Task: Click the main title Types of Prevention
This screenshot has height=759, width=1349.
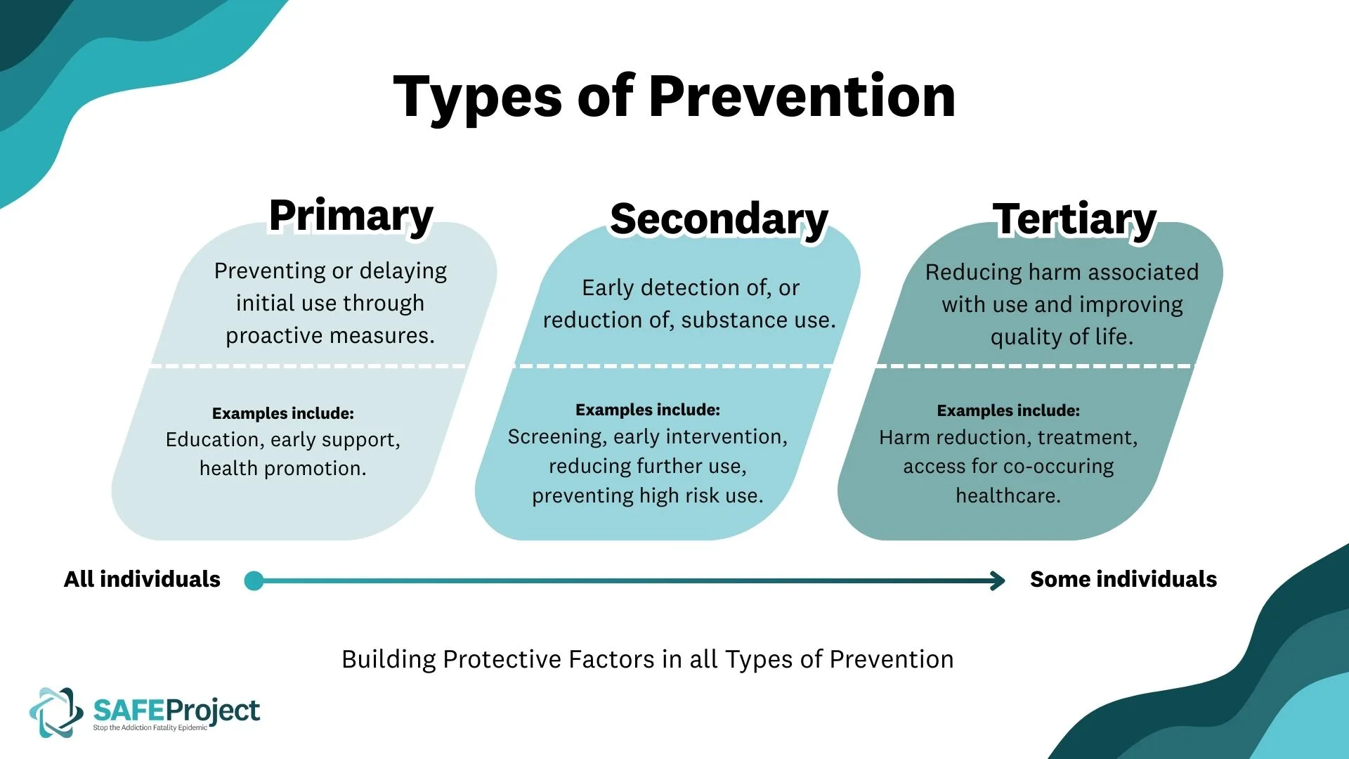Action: [x=674, y=96]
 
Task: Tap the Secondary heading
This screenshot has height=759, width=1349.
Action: [x=719, y=219]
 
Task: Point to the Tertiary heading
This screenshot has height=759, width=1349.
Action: [x=1074, y=219]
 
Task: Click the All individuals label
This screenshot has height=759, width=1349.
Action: [x=142, y=579]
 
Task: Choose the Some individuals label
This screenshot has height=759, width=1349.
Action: [x=1123, y=579]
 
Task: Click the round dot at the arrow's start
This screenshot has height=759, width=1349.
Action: [x=254, y=580]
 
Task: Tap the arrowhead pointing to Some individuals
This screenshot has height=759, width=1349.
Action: [x=998, y=580]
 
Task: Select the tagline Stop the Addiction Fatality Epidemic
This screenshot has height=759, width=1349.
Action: [x=150, y=728]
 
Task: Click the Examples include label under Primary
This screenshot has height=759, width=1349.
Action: [x=282, y=413]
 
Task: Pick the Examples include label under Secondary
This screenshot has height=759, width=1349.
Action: [x=647, y=410]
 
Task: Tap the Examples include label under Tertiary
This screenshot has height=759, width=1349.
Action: [x=1008, y=410]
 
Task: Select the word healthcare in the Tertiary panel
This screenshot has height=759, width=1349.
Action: [x=1008, y=495]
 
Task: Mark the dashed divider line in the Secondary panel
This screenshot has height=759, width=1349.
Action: [x=673, y=365]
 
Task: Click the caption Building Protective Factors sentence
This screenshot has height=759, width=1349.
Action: [x=647, y=659]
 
